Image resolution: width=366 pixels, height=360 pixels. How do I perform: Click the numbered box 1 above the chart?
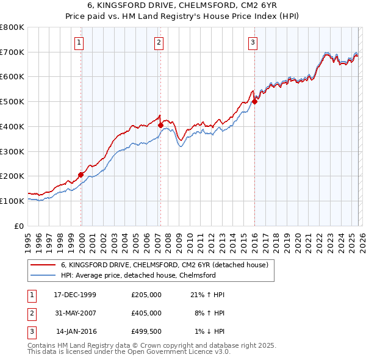pyautogui.click(x=80, y=42)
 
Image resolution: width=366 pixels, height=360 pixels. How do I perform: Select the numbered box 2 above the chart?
pyautogui.click(x=159, y=42)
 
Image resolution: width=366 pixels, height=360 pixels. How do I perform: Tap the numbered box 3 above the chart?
pyautogui.click(x=253, y=42)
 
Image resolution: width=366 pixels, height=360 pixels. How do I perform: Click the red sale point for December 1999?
pyautogui.click(x=81, y=175)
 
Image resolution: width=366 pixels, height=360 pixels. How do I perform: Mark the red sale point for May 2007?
pyautogui.click(x=160, y=125)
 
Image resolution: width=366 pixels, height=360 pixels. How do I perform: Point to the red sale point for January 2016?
pyautogui.click(x=254, y=102)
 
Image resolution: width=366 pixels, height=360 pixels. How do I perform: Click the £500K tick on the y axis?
pyautogui.click(x=12, y=102)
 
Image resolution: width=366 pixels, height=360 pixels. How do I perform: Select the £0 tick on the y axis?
pyautogui.click(x=20, y=226)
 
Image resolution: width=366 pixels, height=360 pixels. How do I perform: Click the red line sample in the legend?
pyautogui.click(x=43, y=265)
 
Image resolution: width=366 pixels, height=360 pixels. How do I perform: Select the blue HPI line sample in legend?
pyautogui.click(x=43, y=275)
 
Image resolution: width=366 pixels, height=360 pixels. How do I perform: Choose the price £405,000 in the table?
pyautogui.click(x=146, y=313)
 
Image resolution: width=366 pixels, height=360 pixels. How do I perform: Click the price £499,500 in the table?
pyautogui.click(x=146, y=331)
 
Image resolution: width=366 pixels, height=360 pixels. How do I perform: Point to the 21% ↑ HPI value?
pyautogui.click(x=207, y=295)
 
